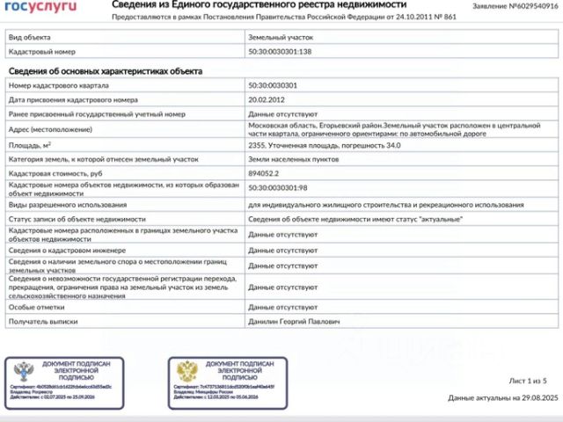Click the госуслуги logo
coord(42,7)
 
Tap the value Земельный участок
coord(281,38)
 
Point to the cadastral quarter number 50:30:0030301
coord(273,85)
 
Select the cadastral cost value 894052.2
coord(268,174)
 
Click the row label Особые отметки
coord(33,309)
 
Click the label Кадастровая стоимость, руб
coord(62,174)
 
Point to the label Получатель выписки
coord(43,323)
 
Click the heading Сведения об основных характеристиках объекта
coord(106,71)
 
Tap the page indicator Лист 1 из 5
coord(528,380)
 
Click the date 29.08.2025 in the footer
coord(537,398)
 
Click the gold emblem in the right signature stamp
coord(186,372)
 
